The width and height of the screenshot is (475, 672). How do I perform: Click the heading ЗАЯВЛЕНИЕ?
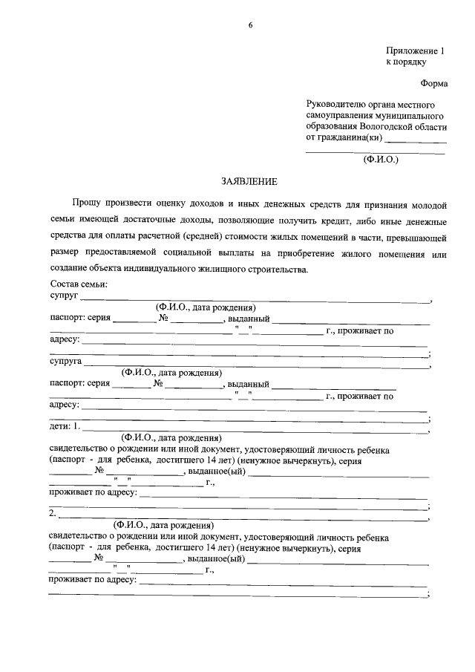click(249, 181)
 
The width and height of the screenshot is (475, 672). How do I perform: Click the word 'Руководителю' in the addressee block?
click(338, 105)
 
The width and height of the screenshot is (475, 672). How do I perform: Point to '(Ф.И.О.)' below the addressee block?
click(381, 159)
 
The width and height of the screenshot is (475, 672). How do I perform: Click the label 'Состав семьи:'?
click(79, 284)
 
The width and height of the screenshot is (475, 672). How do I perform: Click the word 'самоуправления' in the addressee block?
click(341, 116)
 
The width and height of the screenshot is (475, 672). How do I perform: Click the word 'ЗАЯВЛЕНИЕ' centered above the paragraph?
click(249, 181)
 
